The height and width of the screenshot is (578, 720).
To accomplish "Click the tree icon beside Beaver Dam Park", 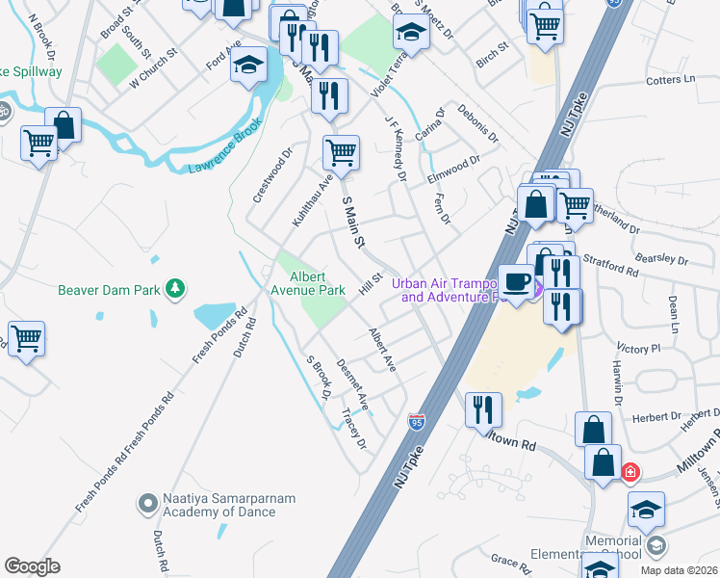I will pyautogui.click(x=174, y=288).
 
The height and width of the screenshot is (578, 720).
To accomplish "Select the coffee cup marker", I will pyautogui.click(x=516, y=280).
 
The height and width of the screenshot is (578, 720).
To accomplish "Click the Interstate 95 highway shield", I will pyautogui.click(x=416, y=421).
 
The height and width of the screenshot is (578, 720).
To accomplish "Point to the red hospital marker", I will pyautogui.click(x=630, y=473).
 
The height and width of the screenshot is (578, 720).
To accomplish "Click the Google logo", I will pyautogui.click(x=32, y=566).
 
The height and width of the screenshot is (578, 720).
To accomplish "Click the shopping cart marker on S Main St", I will pyautogui.click(x=341, y=152).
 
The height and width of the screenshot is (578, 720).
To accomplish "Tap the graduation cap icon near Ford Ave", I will pyautogui.click(x=249, y=66).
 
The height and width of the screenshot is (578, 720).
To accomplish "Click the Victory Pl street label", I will pyautogui.click(x=642, y=347).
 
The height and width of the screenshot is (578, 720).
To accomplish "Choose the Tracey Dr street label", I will pyautogui.click(x=353, y=428).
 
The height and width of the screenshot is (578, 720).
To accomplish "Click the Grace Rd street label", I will pyautogui.click(x=505, y=559).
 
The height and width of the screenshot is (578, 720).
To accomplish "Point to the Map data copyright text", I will pyautogui.click(x=679, y=570).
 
